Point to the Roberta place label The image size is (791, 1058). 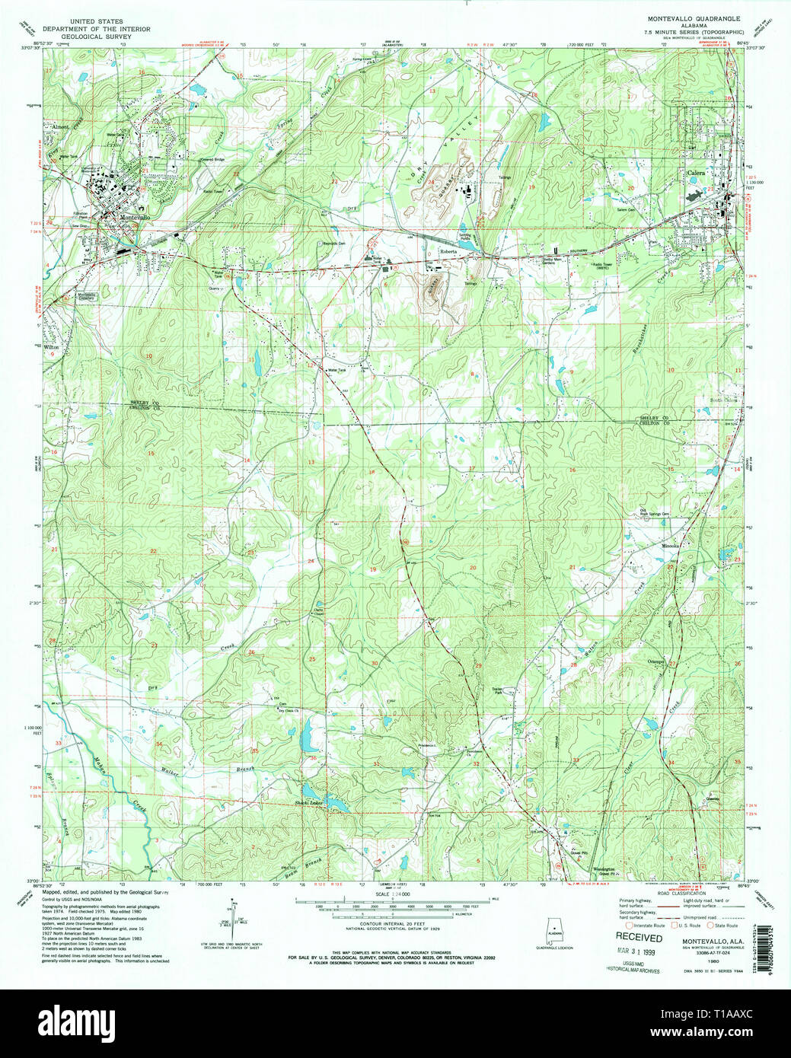(x=448, y=250)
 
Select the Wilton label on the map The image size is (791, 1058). (x=52, y=347)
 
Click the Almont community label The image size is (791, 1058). (x=60, y=126)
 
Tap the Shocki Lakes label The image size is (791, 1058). (x=309, y=803)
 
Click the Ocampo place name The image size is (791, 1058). (x=656, y=662)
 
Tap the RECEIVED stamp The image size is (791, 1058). (x=639, y=938)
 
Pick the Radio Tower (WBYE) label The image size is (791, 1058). (x=604, y=266)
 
